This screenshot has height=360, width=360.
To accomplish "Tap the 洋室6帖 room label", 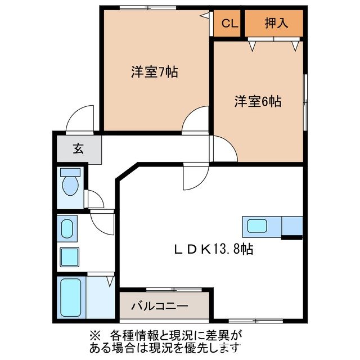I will tap(258, 102).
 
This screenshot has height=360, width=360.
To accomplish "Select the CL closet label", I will tap(228, 24).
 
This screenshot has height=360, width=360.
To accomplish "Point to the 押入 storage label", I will tap(276, 24).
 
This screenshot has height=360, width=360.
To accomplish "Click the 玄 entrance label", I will tap(78, 150).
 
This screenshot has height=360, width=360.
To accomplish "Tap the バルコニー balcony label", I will tap(160, 307).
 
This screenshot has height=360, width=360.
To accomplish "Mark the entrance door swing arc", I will tap(78, 118).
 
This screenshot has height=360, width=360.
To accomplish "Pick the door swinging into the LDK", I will tap(193, 178).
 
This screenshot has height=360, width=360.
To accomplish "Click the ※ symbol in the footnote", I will tap(93, 334).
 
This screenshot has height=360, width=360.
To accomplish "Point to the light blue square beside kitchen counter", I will tap(292, 226).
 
